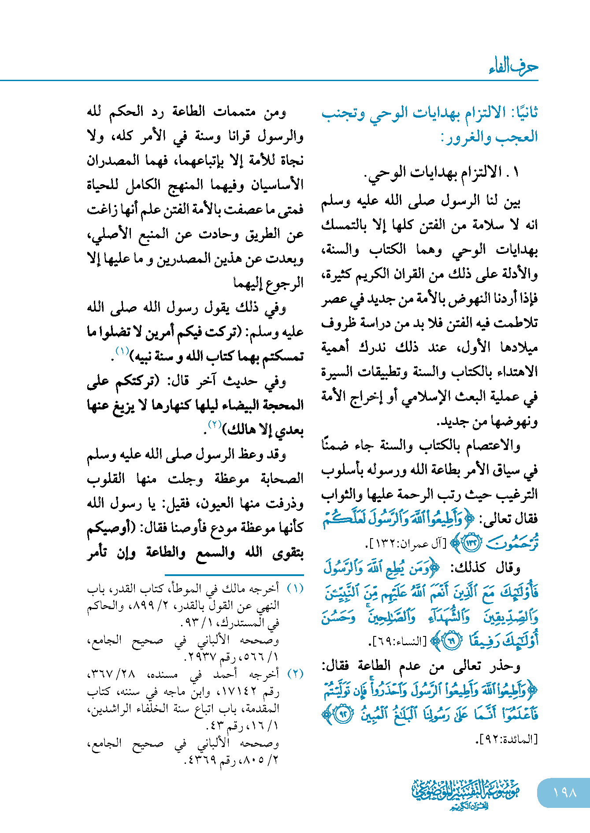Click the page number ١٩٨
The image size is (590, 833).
point(564,793)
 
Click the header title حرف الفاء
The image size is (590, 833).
point(513,67)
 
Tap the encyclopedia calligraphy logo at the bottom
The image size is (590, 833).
point(465,793)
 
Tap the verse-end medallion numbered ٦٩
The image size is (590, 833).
point(450,642)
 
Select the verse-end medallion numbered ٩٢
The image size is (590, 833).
point(344,714)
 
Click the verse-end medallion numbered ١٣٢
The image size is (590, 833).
point(471,543)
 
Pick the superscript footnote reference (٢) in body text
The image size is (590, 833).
point(215,425)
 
